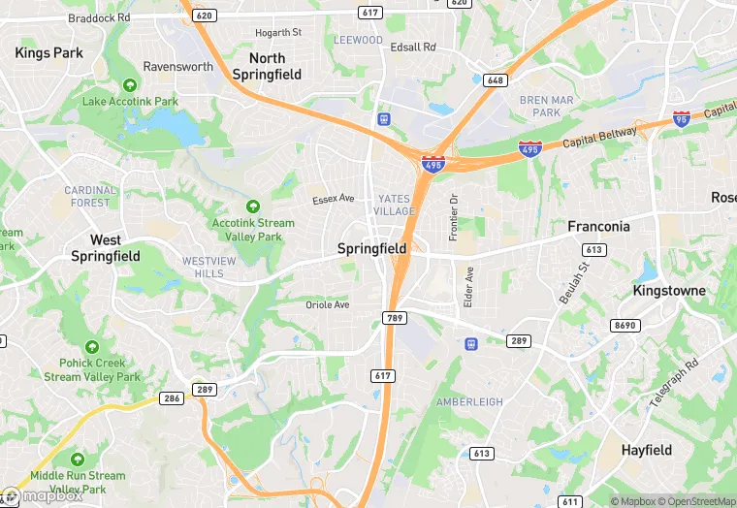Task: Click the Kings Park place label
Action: coord(49,53)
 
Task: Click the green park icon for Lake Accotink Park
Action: coord(130,85)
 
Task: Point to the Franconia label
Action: coord(598,227)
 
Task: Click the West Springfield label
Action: coord(106,248)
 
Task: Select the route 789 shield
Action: coord(394,317)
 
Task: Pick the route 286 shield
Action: coord(172,398)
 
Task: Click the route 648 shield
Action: coord(497,79)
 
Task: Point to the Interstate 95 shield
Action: coord(682,118)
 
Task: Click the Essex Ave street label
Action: coord(334,200)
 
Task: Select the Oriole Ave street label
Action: coord(327,304)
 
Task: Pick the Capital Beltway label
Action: coord(604,137)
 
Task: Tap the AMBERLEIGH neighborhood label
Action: coord(469,401)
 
